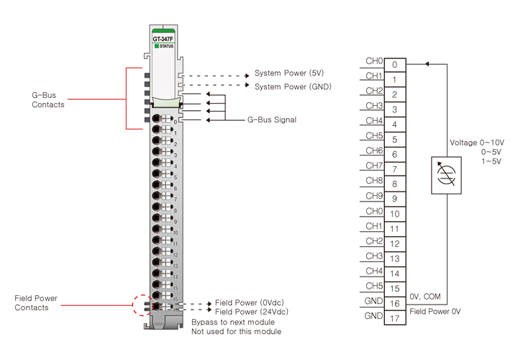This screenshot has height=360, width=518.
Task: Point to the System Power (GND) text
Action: tap(288, 86)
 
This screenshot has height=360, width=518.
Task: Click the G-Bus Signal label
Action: tap(272, 120)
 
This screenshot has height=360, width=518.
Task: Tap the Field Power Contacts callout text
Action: tap(36, 303)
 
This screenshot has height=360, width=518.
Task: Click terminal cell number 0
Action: tap(395, 64)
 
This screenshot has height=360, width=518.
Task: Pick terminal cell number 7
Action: tap(395, 169)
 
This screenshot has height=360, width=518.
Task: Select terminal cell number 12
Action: tap(395, 244)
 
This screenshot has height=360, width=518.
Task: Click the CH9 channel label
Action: tap(374, 195)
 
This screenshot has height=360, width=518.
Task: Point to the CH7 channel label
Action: tap(374, 165)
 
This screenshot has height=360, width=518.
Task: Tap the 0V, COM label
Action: tap(424, 296)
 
